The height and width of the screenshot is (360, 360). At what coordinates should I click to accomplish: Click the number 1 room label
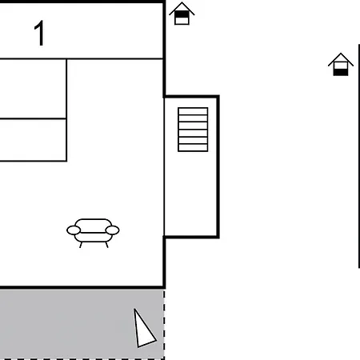pos(40,33)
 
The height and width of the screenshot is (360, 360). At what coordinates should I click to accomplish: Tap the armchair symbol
pos(93,233)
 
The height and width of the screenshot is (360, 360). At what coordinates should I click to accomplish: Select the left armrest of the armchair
pos(74,230)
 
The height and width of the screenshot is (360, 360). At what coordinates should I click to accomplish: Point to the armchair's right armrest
pos(112,230)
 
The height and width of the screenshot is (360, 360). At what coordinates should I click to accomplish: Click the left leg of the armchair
pos(81,245)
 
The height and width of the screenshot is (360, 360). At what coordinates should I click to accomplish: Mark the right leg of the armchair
pos(106,245)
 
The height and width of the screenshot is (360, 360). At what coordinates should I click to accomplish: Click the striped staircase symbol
pos(193,130)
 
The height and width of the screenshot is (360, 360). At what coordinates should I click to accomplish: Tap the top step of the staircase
pos(193,111)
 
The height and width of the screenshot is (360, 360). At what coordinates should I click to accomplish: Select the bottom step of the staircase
pos(193,148)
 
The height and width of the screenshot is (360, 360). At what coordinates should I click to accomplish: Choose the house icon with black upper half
pos(182,14)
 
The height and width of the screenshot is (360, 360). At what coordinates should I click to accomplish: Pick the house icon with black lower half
pos(341,65)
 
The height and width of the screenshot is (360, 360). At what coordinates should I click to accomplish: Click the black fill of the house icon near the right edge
pos(341,72)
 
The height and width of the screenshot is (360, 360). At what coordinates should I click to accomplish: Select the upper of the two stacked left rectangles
pos(33,89)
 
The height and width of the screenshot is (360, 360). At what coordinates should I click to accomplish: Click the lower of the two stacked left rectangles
pos(33,140)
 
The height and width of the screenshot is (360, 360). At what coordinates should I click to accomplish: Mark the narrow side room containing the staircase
pos(191,166)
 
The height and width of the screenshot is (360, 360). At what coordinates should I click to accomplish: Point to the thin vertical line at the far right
pos(359,156)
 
